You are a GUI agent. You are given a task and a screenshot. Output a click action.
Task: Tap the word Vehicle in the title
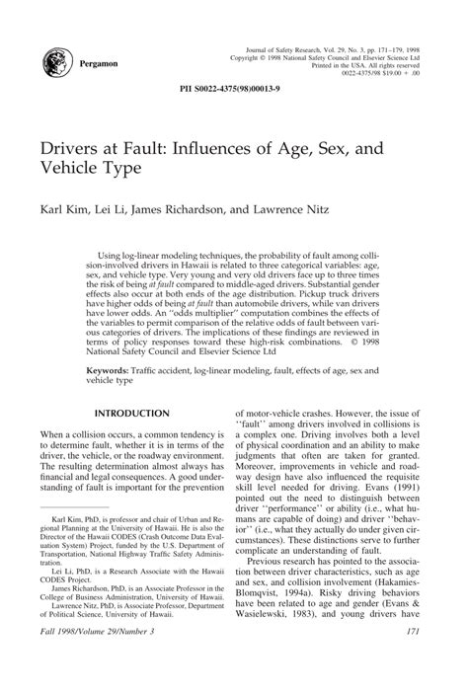71,170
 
